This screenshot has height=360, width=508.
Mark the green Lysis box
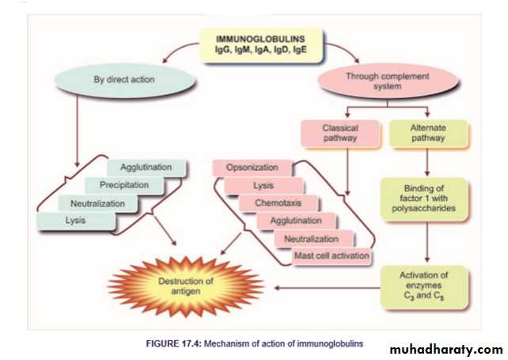click(x=77, y=220)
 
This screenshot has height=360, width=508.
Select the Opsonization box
click(x=252, y=169)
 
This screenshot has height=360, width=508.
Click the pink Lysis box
click(x=263, y=186)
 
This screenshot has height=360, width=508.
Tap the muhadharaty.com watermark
click(x=446, y=349)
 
